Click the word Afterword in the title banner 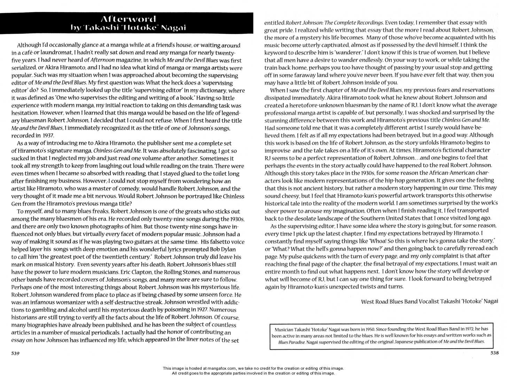click(x=128, y=19)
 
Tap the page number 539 click(x=15, y=353)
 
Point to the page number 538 click(x=494, y=353)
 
